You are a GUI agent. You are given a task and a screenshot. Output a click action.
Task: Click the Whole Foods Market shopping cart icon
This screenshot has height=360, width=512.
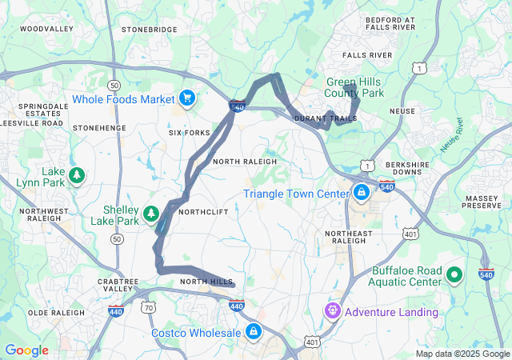pos(187,98)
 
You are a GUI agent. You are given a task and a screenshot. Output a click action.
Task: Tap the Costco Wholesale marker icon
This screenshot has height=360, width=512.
pos(253,331)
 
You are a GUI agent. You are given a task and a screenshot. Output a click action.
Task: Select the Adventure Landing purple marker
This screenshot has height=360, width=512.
pos(332,310)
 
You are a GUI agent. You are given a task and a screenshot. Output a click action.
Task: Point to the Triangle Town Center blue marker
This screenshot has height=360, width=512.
pos(362,193)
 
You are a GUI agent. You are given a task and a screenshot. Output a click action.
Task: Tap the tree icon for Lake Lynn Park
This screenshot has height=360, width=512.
pos(77,174)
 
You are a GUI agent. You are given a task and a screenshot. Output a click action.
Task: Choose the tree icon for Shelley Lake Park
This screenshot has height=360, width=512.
pos(150,214)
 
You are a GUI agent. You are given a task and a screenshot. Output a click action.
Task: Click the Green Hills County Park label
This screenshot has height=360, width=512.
pos(355,87)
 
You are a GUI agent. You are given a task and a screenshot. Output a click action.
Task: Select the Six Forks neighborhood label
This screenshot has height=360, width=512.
pos(190,133)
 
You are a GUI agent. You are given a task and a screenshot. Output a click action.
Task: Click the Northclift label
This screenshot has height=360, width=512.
pos(203,212)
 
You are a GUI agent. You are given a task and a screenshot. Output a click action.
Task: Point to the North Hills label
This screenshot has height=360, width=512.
pos(206,282)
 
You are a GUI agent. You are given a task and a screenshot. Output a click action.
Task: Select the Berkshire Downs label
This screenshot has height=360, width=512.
pos(414,167)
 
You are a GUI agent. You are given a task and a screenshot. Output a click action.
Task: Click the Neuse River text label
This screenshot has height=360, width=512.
pos(452,135)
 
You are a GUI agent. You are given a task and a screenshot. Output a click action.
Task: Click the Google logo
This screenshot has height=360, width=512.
pos(26,350)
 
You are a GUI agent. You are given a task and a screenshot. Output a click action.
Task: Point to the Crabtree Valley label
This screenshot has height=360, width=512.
pos(118,286)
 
